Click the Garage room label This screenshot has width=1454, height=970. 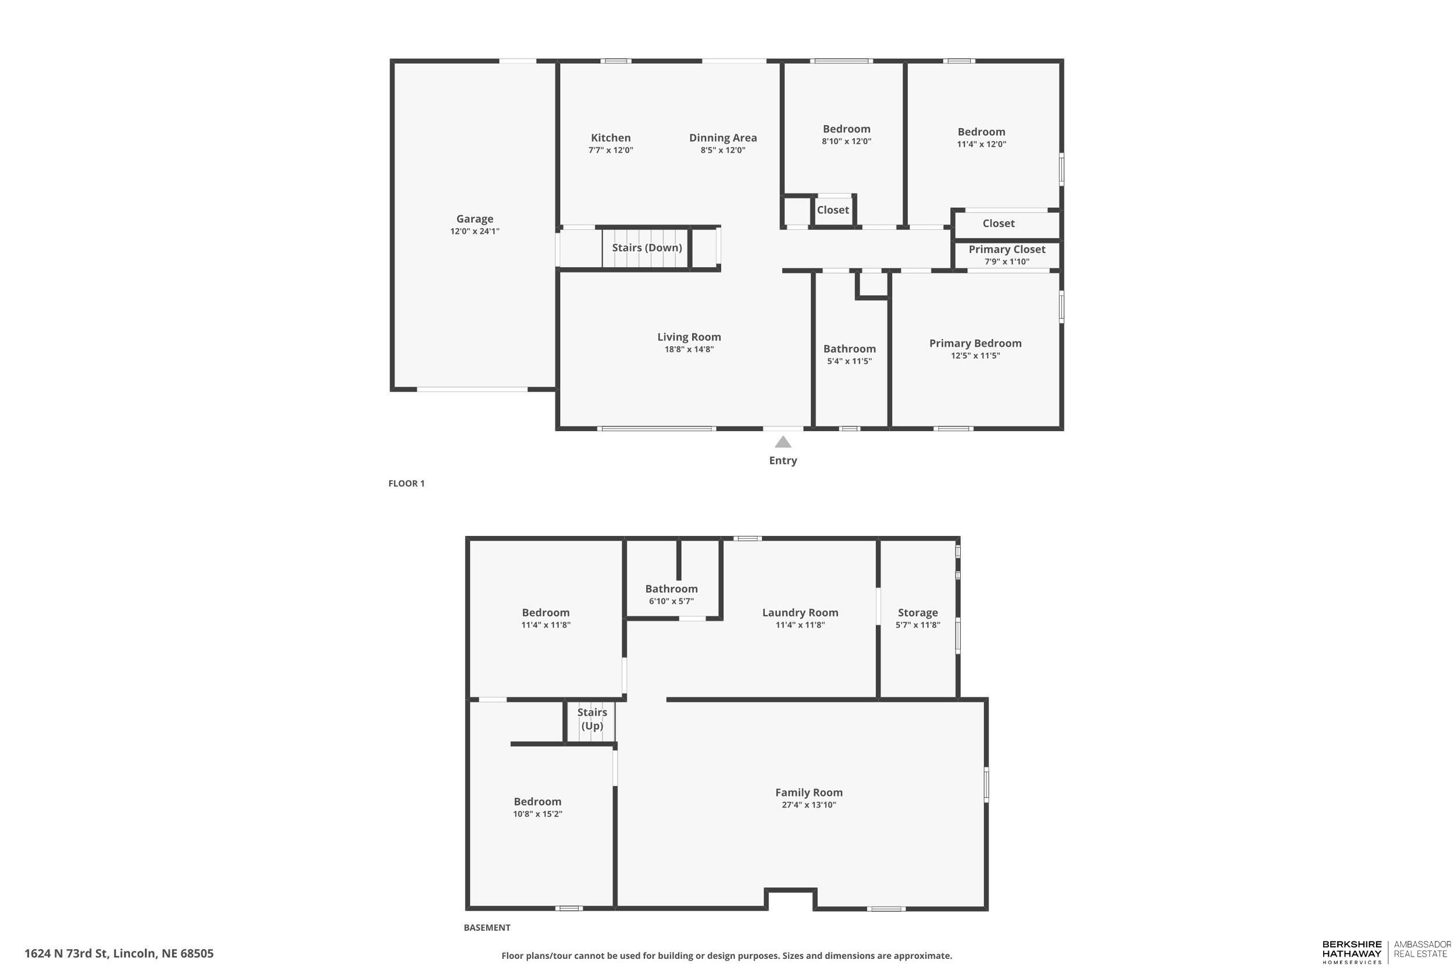[x=474, y=219]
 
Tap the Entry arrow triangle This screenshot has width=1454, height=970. [x=783, y=442]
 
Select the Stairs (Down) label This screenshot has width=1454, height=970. [x=647, y=247]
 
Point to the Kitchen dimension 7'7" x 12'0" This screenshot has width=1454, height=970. [x=610, y=150]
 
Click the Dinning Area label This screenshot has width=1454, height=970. [x=723, y=138]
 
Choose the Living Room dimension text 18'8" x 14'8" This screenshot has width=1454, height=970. [x=689, y=350]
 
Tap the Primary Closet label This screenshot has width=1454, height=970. [x=1006, y=249]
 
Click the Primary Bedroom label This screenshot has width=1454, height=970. [x=975, y=343]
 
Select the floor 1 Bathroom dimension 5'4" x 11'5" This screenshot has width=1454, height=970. [x=849, y=361]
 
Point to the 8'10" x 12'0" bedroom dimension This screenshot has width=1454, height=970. [x=846, y=141]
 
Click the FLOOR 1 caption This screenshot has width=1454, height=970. [x=406, y=484]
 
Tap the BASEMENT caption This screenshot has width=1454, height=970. [x=487, y=928]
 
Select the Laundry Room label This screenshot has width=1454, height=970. [x=800, y=613]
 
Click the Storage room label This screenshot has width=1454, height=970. [x=917, y=613]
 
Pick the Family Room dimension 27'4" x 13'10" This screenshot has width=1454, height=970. [x=808, y=805]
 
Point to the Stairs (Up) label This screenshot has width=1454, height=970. [x=591, y=719]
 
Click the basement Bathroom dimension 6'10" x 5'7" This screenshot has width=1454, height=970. [x=671, y=601]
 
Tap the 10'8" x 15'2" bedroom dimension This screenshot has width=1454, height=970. [x=537, y=814]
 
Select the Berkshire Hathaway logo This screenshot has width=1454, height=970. [x=1352, y=952]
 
